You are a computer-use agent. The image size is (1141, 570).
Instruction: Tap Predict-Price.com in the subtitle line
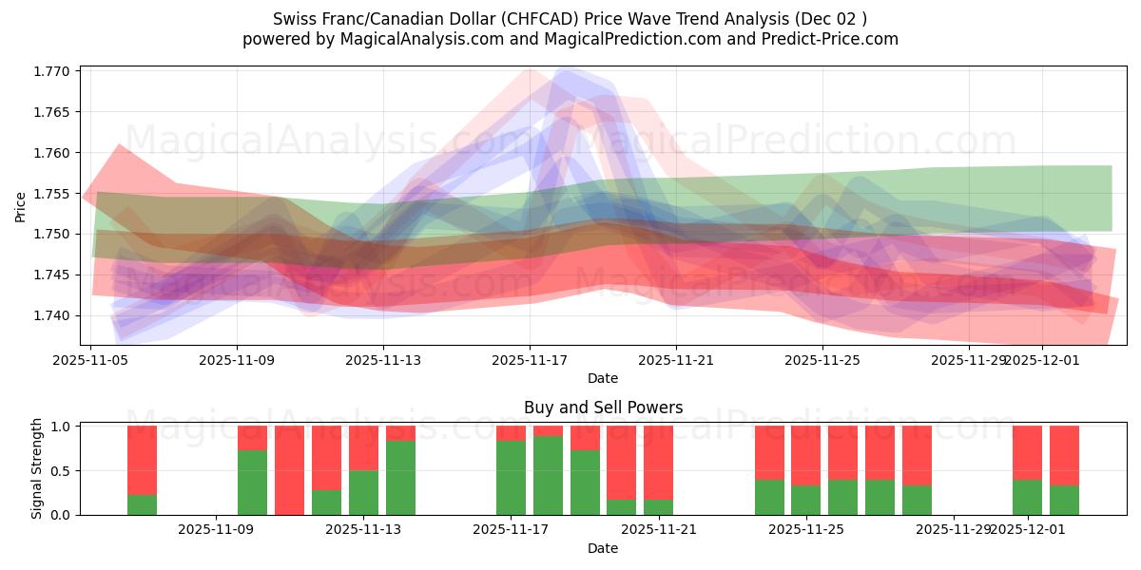[823, 39]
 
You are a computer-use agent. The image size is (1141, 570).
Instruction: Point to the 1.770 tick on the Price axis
[53, 71]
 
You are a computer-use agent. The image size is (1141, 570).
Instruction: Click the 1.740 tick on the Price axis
[53, 315]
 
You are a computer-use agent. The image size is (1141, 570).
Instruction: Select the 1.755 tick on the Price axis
[53, 194]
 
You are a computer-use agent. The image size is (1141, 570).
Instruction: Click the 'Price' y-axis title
[21, 206]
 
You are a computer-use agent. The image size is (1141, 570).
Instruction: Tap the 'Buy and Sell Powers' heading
[603, 408]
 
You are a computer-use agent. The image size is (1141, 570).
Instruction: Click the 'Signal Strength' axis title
[37, 468]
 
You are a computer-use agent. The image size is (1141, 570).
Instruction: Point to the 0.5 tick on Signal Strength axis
[59, 471]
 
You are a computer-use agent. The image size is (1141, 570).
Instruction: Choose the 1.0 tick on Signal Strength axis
[59, 427]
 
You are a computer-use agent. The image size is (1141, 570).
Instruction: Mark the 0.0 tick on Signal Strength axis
[59, 515]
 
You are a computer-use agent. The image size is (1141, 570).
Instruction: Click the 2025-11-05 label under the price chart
[90, 361]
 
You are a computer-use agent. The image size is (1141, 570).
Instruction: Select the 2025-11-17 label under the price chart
[530, 361]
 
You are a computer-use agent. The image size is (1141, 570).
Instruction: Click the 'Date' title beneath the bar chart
[603, 548]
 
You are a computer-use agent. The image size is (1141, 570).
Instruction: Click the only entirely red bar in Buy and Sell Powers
[289, 470]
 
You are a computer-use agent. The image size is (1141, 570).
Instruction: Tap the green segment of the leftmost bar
[143, 504]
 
